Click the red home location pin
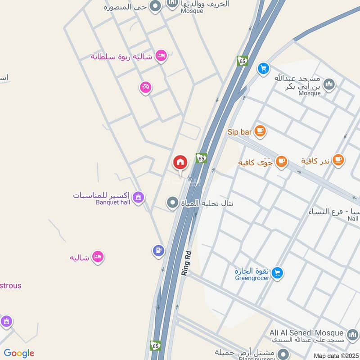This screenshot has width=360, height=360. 180,162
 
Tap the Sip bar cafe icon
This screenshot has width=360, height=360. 260,131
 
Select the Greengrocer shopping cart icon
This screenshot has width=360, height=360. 278,272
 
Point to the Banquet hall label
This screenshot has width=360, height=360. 112,202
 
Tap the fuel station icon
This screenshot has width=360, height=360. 158,250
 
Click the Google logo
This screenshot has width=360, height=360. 19,353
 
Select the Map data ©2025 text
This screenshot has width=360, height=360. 335,355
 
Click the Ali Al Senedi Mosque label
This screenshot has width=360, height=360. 306,333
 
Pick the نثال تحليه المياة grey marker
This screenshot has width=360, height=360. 172,203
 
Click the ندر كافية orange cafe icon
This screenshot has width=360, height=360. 338,160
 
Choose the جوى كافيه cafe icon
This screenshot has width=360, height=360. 281,162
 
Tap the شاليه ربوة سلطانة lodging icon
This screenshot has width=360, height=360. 161,56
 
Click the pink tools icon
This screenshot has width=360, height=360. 145,87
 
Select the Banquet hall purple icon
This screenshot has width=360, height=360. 138,196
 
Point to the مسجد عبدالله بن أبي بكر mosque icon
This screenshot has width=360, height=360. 329,84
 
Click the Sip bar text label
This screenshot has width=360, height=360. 239,132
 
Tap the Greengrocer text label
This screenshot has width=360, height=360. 252,278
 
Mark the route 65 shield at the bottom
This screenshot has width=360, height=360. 155,345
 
